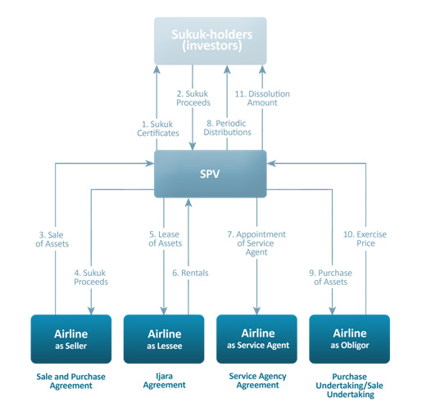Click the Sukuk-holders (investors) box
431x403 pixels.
point(211,41)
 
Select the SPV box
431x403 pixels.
point(211,174)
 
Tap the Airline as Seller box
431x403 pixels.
point(71,339)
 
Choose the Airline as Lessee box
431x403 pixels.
point(164,339)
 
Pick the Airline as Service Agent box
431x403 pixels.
point(256,339)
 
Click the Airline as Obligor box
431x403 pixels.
point(350,339)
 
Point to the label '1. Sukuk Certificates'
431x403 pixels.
point(158,129)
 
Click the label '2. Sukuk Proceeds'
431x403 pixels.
point(193,98)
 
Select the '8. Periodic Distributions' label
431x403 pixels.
point(227,128)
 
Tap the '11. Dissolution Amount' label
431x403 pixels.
point(262,98)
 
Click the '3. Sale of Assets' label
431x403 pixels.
point(52,239)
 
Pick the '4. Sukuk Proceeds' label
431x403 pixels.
point(91,277)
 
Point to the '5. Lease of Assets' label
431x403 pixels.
point(165,238)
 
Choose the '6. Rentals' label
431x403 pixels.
point(190,273)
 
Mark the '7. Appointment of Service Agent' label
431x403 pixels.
point(256,243)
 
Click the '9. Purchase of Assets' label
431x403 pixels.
point(331,277)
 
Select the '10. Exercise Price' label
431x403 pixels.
point(365,238)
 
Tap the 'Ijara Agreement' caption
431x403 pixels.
point(165,381)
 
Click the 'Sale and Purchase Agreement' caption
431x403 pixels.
point(71,381)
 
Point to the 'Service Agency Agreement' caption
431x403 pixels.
point(258,381)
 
